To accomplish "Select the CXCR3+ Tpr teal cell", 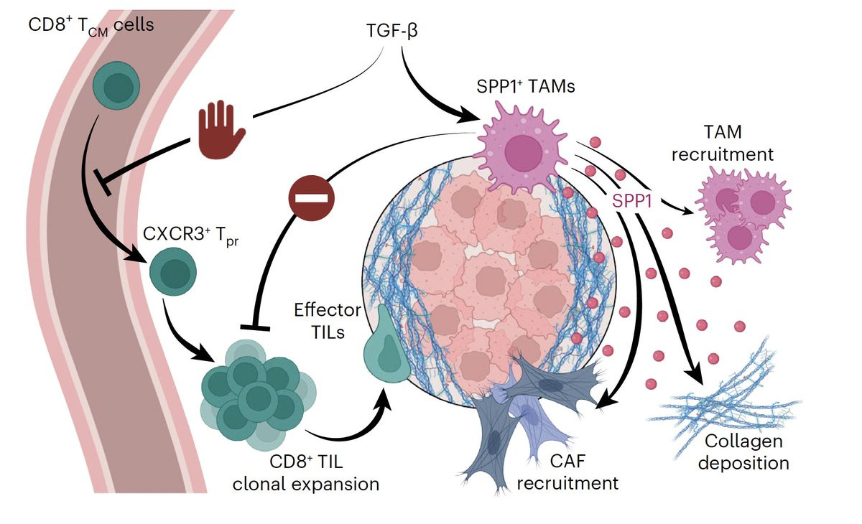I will (172, 271).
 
